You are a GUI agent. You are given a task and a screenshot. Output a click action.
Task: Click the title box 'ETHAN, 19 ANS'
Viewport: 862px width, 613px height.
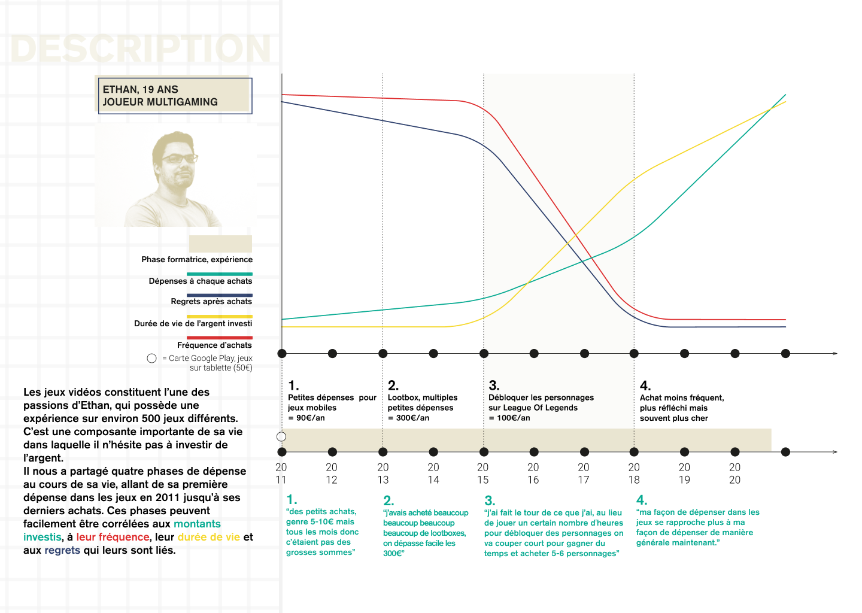click(174, 95)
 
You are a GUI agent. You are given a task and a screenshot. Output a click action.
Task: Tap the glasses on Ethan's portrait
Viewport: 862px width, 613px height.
click(178, 159)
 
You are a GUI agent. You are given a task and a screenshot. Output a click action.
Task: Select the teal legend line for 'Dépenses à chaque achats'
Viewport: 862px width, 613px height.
click(220, 274)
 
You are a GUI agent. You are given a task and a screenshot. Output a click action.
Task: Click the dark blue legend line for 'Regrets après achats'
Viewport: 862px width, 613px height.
click(220, 295)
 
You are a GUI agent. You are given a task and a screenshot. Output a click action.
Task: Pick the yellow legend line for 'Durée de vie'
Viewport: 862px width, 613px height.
click(220, 317)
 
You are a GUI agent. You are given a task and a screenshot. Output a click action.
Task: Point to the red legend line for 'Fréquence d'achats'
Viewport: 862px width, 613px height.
click(220, 338)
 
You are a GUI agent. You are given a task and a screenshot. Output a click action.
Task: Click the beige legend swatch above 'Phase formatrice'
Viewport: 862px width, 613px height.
click(220, 244)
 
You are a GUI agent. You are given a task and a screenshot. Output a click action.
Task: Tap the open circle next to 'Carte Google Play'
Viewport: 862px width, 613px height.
click(151, 358)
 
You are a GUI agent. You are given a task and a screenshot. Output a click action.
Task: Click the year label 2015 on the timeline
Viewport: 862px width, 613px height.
click(483, 474)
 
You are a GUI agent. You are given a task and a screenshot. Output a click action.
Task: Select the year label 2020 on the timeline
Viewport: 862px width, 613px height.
click(734, 474)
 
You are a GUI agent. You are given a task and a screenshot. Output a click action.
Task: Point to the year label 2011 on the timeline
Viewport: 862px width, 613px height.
click(281, 474)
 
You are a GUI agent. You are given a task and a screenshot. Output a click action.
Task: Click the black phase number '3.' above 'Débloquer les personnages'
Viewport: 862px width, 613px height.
click(494, 386)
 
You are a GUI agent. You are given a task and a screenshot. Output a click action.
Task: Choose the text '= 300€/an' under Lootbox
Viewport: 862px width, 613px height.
click(409, 418)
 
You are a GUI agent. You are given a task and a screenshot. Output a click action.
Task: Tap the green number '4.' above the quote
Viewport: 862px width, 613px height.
click(642, 500)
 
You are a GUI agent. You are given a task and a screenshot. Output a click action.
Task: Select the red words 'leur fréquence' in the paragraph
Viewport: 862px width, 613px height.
click(113, 537)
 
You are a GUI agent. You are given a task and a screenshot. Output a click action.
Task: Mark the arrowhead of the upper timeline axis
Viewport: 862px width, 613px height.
click(834, 353)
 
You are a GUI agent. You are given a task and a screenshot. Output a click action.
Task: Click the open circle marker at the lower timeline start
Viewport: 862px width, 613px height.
click(281, 436)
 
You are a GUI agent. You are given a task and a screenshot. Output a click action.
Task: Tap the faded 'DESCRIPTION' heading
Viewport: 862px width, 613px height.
click(141, 48)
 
